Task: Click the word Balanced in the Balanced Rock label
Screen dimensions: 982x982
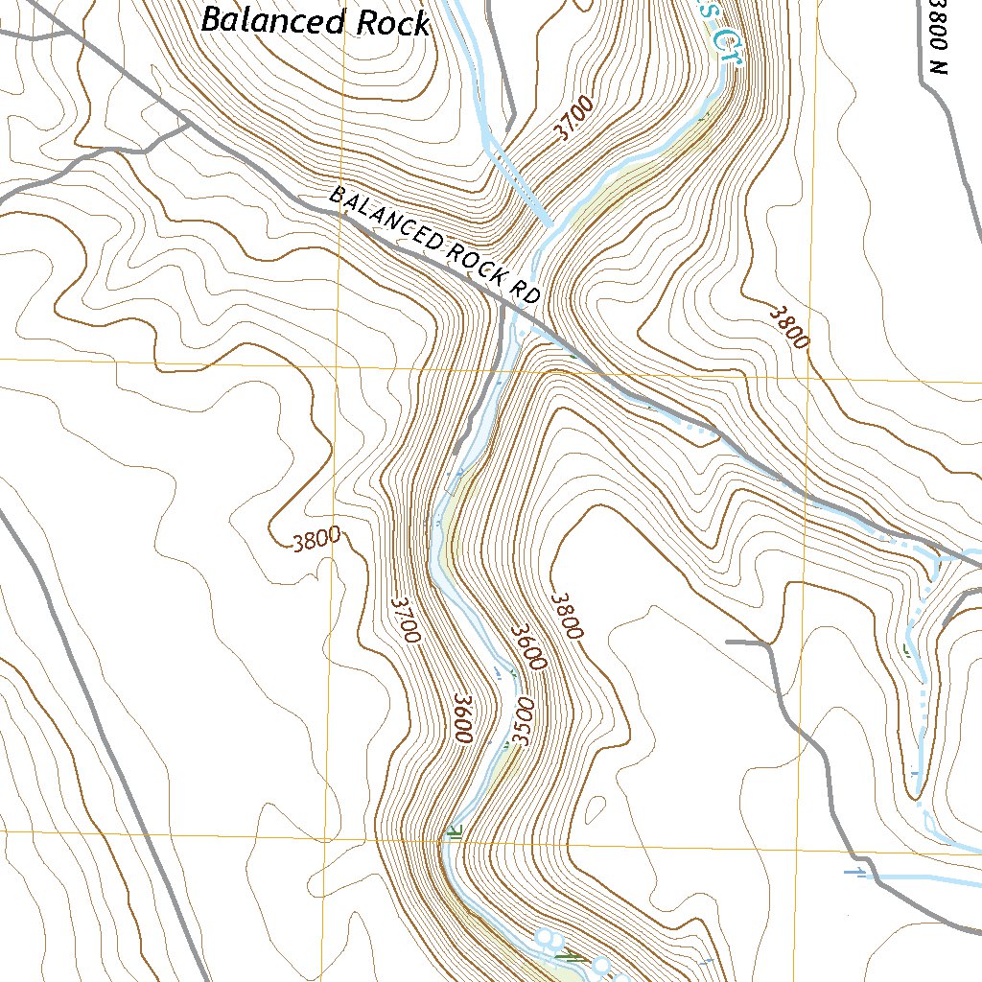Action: coord(274,20)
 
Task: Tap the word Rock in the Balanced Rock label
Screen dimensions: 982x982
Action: coord(392,24)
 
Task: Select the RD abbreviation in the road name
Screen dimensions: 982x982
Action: coord(526,290)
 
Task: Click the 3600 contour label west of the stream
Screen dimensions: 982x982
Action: coord(461,717)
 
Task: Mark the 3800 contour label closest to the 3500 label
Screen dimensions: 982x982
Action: coord(565,615)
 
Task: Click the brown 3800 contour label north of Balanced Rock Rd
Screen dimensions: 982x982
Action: coord(789,326)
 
